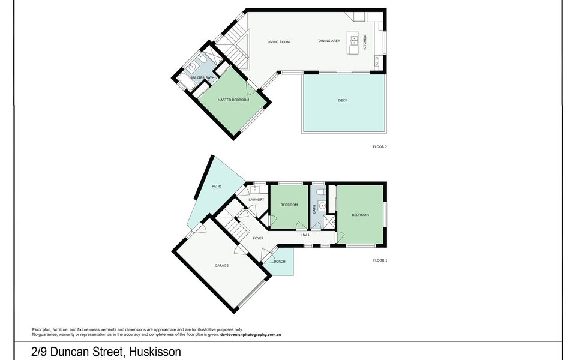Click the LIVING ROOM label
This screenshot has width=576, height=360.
278,42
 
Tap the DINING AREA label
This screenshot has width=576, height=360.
329,41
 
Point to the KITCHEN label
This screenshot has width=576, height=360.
364,42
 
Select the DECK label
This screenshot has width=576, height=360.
343,100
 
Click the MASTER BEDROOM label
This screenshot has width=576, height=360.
233,100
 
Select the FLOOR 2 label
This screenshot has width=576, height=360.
380,146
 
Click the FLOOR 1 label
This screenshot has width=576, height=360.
380,260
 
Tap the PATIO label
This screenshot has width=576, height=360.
217,187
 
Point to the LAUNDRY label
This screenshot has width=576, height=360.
256,199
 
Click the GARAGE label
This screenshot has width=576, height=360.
221,265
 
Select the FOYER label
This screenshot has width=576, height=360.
258,238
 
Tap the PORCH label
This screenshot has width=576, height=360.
280,262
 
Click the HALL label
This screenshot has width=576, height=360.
305,235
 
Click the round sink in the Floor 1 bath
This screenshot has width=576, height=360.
323,206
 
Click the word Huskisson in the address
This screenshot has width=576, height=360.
152,352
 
